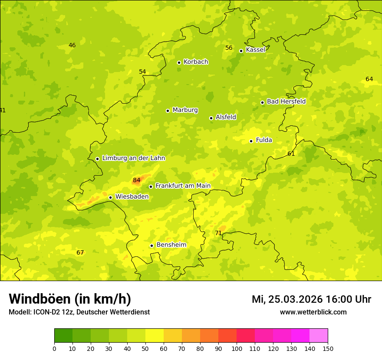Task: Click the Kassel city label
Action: pos(255,50)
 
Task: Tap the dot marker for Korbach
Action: pos(179,62)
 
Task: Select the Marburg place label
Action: pos(185,110)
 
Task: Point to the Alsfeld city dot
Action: pos(211,118)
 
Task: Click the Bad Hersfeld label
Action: pos(286,101)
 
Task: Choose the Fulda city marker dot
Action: pos(251,141)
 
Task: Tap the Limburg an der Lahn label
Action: pos(133,158)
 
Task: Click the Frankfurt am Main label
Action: pos(183,186)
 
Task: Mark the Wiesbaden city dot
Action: pos(110,197)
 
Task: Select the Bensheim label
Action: pos(171,245)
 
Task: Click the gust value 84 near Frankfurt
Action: pos(137,180)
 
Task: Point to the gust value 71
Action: pos(218,233)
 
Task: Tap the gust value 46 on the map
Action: pos(72,46)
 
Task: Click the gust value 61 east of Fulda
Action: pos(291,154)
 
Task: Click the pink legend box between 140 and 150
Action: pos(318,336)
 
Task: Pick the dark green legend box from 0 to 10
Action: pos(63,336)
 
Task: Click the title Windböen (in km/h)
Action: pos(70,299)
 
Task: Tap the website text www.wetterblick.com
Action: pos(313,312)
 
